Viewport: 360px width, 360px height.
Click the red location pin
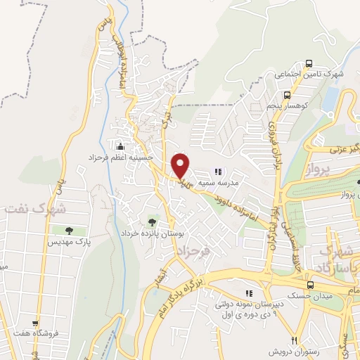(x=181, y=165)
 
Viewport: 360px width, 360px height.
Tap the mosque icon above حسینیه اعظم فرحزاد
(x=120, y=147)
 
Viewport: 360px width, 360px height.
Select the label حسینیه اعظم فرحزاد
(x=124, y=157)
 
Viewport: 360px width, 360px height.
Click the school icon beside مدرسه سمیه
(x=218, y=171)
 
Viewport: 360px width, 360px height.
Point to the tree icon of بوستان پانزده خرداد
(x=153, y=221)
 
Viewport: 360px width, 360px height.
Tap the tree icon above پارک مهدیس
(x=69, y=231)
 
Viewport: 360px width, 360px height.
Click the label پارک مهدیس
(x=69, y=242)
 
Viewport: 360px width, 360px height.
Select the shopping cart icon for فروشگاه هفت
(x=35, y=324)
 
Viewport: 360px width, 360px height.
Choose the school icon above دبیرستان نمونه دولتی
(x=247, y=293)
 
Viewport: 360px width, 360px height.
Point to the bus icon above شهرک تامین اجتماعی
(x=328, y=63)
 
